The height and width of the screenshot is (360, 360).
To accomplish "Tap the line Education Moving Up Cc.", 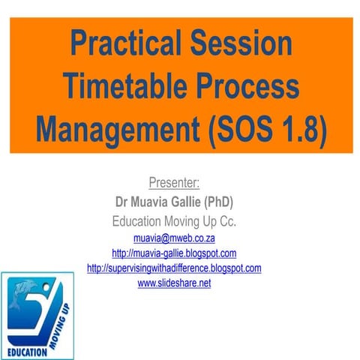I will (174, 221).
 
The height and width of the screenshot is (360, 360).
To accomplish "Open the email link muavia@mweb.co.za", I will (174, 238).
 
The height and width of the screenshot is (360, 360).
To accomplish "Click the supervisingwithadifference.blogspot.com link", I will (174, 268).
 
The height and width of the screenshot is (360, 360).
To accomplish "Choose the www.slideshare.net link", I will (174, 283).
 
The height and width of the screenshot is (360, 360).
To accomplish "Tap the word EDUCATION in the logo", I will (28, 351).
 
